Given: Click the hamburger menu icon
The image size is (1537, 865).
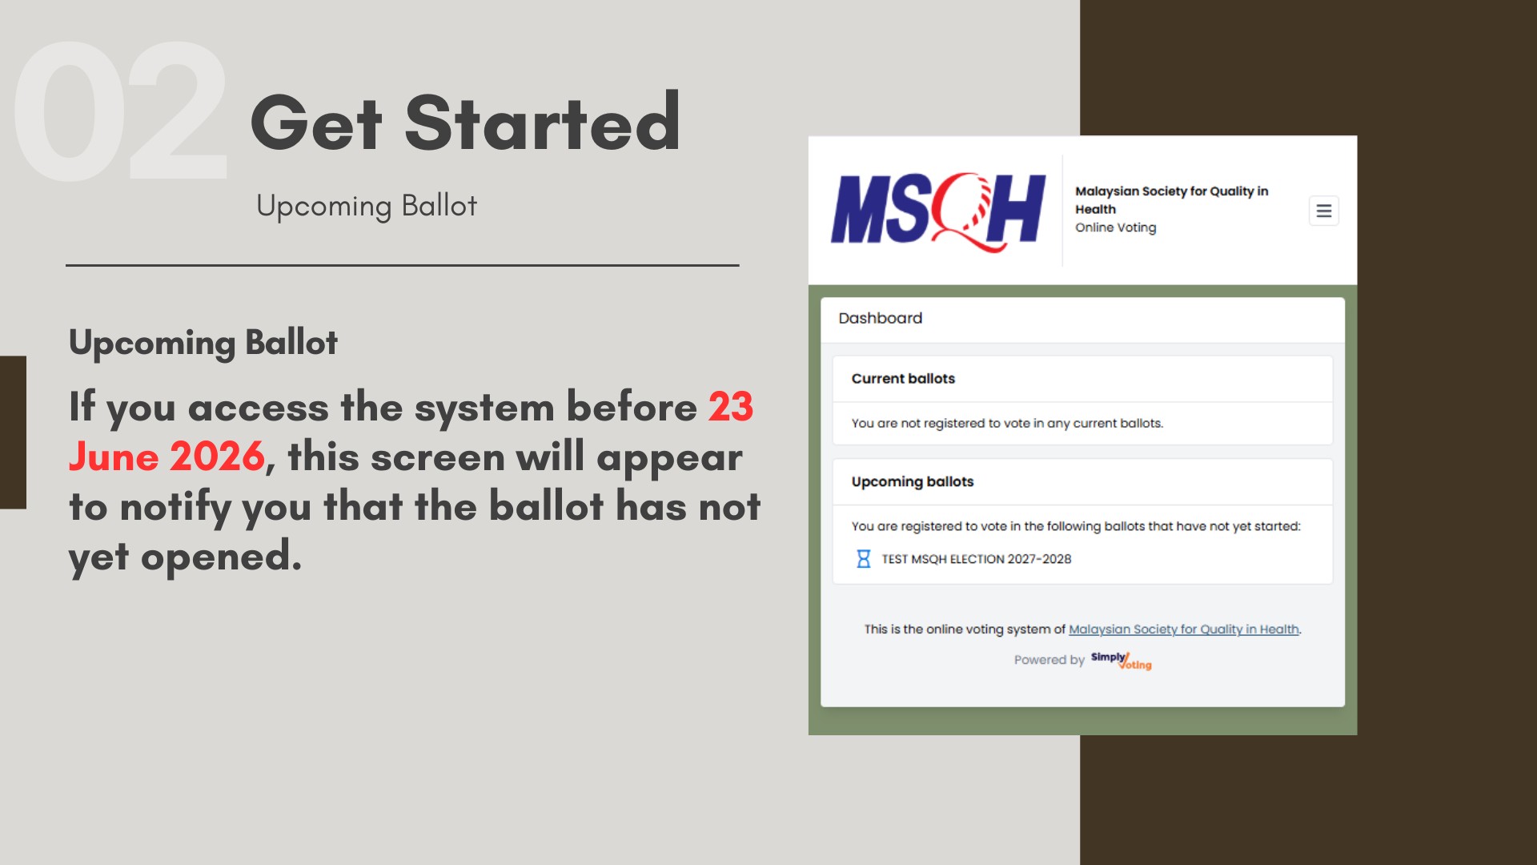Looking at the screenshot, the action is point(1323,211).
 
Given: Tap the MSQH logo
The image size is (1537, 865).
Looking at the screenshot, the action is point(938,211).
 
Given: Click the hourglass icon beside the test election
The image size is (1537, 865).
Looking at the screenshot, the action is point(864,559).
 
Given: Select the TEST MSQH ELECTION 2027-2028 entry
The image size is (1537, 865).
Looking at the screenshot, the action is point(976,559).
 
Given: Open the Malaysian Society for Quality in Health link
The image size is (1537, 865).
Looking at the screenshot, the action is point(1184,630).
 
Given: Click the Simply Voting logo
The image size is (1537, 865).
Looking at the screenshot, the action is point(1121,661).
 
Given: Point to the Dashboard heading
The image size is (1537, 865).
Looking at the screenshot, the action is point(880,318).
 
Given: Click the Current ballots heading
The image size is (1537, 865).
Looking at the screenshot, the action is point(903,379).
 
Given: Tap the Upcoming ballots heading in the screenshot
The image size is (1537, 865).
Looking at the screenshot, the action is point(913,481).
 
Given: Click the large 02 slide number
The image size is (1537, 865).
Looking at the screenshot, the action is point(121,111).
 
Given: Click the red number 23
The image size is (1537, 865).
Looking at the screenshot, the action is point(731,407).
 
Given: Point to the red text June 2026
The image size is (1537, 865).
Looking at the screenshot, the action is point(167,457).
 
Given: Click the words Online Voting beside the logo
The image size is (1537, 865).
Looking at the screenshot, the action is point(1115,227).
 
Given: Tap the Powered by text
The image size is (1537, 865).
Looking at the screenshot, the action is point(1049,660).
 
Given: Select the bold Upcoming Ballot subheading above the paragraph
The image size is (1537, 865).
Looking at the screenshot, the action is point(203,343).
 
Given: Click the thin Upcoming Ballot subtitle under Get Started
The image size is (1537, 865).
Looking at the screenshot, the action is point(367,206).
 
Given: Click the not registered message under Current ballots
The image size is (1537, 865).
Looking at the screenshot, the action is point(1007,423).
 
